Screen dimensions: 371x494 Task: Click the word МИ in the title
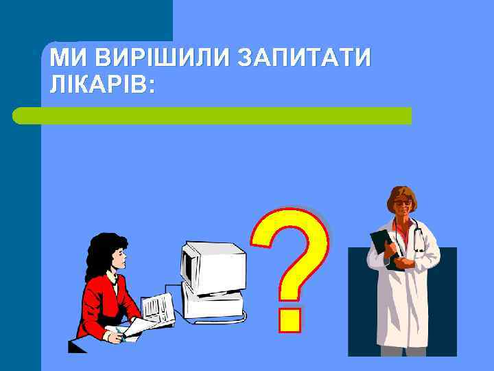click(x=67, y=58)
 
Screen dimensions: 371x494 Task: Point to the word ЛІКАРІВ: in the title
click(x=102, y=85)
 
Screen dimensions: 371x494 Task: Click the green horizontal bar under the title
click(x=213, y=115)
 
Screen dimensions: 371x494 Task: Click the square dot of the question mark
click(x=290, y=318)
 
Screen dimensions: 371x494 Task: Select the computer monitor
click(x=213, y=268)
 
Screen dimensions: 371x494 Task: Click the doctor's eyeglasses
click(x=404, y=204)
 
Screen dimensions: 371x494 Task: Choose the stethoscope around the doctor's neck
click(x=416, y=237)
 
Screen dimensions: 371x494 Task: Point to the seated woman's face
click(x=119, y=259)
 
